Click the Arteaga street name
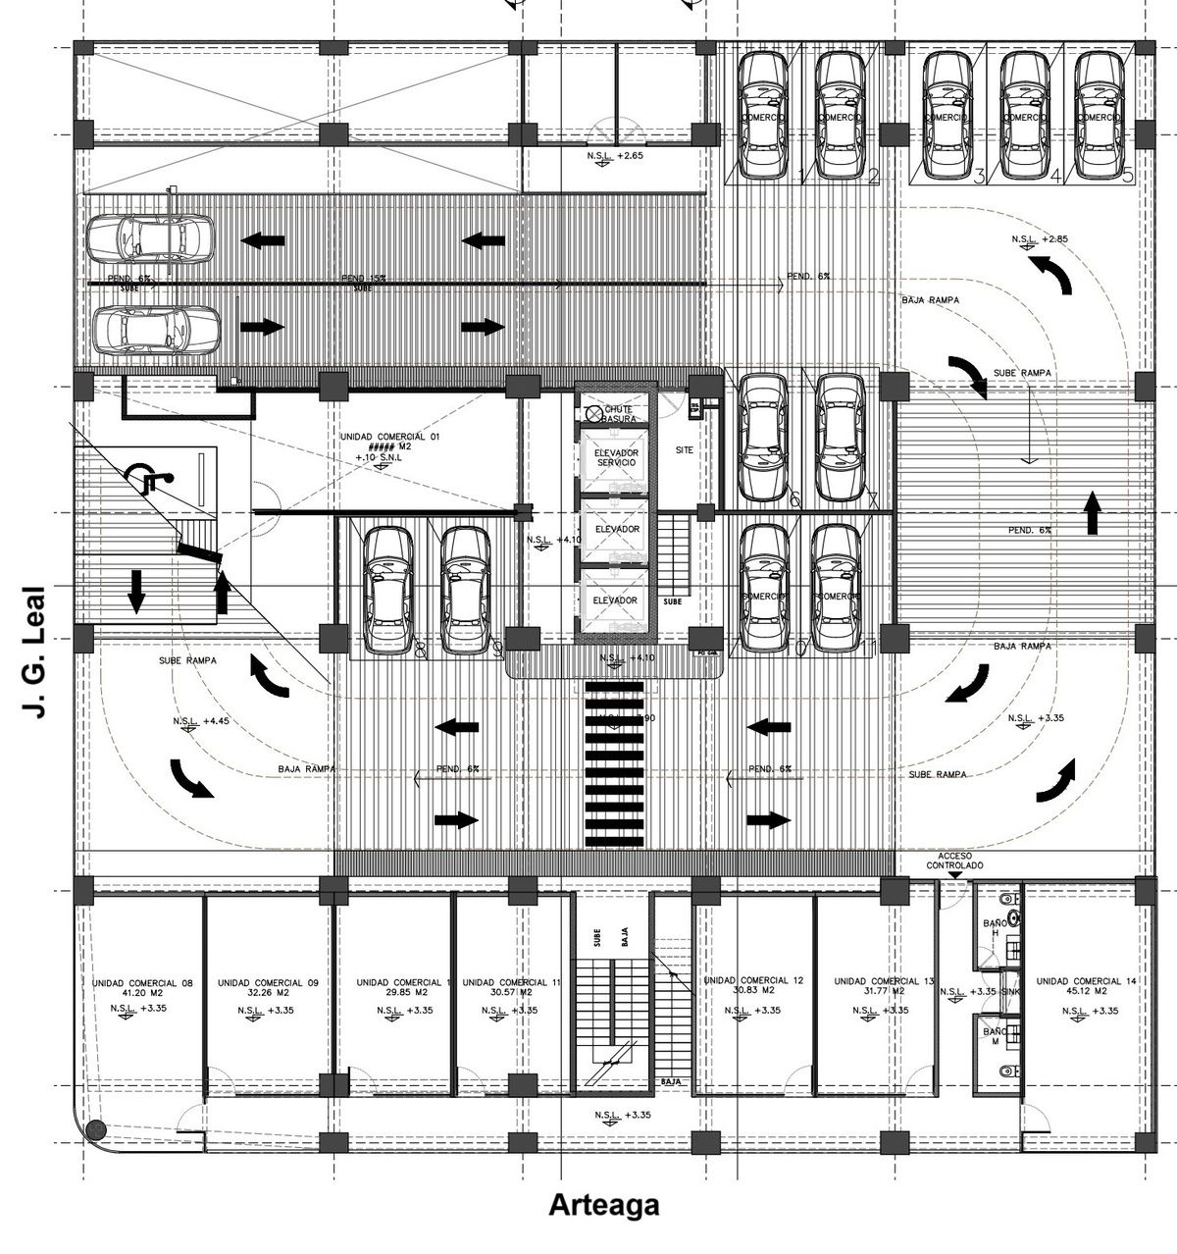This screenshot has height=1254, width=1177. point(603,1204)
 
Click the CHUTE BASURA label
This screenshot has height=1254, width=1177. point(619,413)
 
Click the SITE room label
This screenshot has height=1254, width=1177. point(685,450)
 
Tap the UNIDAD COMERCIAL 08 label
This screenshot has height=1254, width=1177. point(142,982)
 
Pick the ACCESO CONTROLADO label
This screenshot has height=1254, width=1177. point(953,862)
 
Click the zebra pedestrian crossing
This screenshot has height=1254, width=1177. point(613,765)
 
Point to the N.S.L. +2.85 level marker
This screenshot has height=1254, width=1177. point(1039,239)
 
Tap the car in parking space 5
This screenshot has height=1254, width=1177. point(1098,115)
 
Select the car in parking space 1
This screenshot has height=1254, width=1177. point(762,115)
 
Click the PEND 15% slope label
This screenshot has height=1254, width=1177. point(364,279)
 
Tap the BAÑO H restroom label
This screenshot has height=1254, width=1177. point(995,928)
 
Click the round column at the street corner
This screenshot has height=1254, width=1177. point(94,1130)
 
